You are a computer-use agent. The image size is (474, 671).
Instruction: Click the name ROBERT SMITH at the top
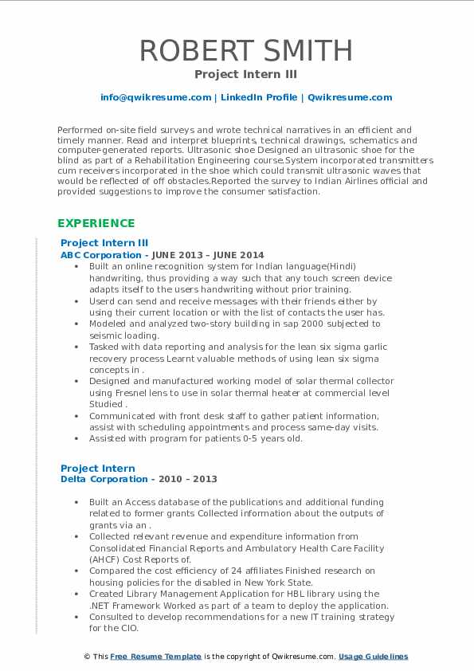pyautogui.click(x=245, y=50)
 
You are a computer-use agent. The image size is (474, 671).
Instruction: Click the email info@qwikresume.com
pyautogui.click(x=155, y=97)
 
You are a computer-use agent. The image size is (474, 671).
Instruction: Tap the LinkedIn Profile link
pyautogui.click(x=258, y=97)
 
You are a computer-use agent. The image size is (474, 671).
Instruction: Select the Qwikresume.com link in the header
pyautogui.click(x=350, y=97)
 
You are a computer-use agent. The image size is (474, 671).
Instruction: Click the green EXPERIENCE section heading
pyautogui.click(x=96, y=223)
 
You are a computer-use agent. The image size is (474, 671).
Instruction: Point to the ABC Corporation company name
pyautogui.click(x=90, y=255)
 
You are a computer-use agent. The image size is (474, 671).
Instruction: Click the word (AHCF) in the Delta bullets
pyautogui.click(x=104, y=559)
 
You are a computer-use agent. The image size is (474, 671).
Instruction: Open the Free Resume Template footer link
pyautogui.click(x=155, y=657)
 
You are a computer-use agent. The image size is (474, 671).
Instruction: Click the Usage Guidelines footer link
pyautogui.click(x=373, y=657)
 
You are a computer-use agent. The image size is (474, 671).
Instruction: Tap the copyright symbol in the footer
pyautogui.click(x=87, y=657)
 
